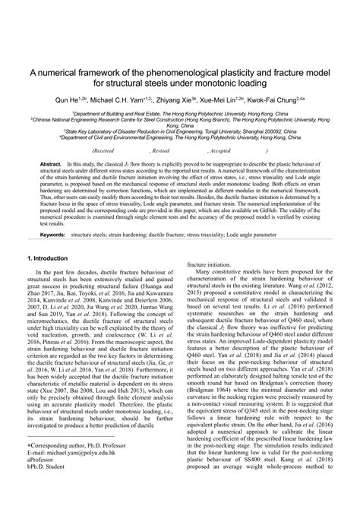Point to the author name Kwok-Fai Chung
point(294,99)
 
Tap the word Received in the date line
point(109,151)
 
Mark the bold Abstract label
point(51,164)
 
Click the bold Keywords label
point(52,213)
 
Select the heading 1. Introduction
point(47,237)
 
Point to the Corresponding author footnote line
point(80,465)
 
